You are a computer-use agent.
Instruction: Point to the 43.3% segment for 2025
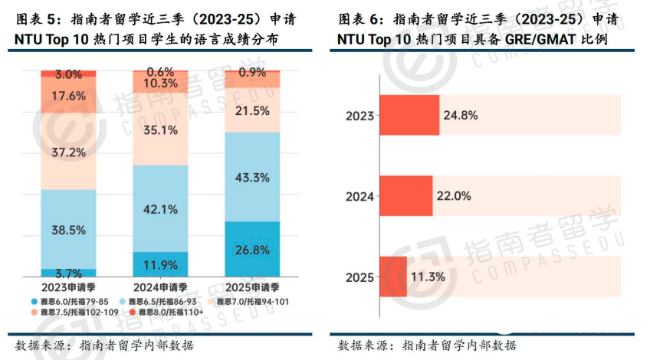pos(252,177)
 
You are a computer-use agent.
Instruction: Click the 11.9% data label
pos(160,265)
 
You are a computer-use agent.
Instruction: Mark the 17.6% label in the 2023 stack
pos(68,96)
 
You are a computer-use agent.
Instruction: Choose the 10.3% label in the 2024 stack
pos(160,83)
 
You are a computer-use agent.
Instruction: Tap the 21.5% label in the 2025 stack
pos(252,111)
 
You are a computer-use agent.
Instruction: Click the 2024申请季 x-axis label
pos(160,286)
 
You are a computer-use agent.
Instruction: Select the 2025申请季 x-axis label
pos(252,286)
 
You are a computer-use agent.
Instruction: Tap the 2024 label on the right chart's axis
pos(359,196)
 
